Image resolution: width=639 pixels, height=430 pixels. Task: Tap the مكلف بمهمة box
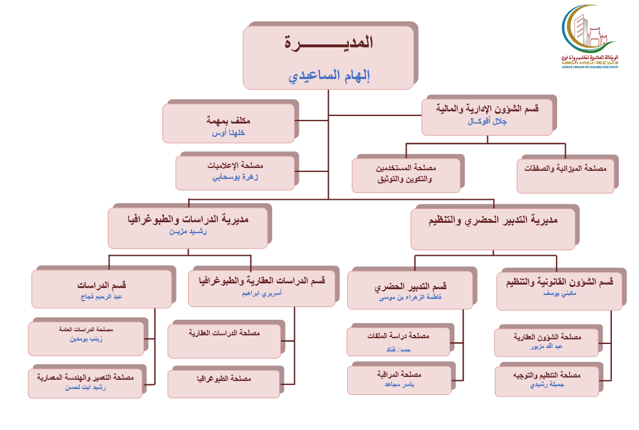tap(229, 123)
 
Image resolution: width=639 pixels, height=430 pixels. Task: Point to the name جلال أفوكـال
tap(488, 122)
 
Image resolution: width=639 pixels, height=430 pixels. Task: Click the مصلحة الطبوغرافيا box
tap(224, 380)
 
